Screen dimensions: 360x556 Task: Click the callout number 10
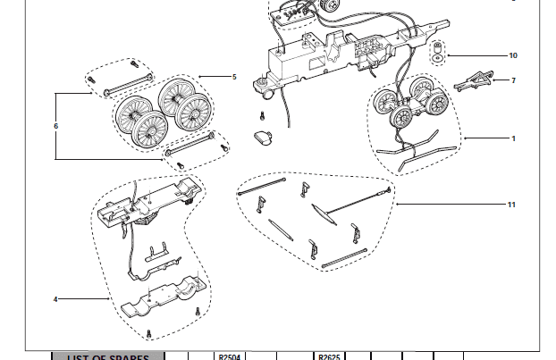coord(512,55)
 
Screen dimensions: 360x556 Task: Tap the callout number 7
coord(513,80)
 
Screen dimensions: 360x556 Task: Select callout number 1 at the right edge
coord(513,138)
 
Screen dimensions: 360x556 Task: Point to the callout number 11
coord(511,205)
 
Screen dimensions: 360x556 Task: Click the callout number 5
coord(233,77)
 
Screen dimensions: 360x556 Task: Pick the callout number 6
coord(55,126)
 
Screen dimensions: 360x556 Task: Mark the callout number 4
coord(55,299)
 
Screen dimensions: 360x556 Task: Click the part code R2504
coord(231,356)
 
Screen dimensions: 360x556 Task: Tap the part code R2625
coord(327,356)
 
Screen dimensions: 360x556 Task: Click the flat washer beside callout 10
coord(437,60)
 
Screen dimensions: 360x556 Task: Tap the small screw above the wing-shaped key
coord(262,115)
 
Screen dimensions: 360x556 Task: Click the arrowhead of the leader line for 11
coord(398,205)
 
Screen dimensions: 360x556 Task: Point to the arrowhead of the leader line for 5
coord(199,77)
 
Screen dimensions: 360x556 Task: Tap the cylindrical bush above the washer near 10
coord(437,46)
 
